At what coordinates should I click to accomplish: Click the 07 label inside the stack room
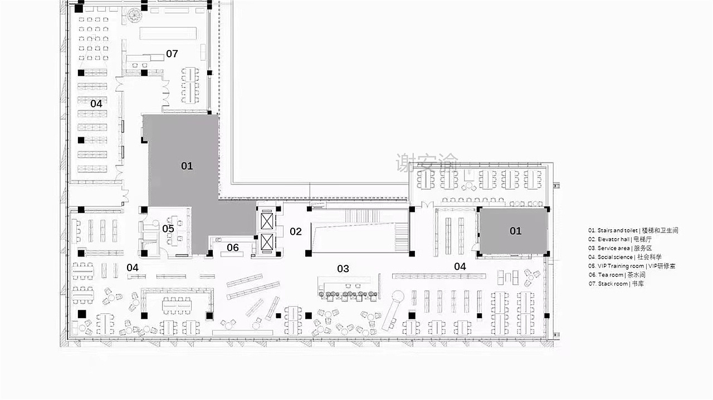point(172,53)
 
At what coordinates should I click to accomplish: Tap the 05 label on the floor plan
point(168,229)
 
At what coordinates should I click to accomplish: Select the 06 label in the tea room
point(233,248)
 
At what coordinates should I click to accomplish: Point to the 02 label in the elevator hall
point(295,231)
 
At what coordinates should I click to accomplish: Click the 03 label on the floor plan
point(343,269)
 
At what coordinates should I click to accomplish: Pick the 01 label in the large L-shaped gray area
point(187,166)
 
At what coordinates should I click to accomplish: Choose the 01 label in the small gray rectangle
point(515,231)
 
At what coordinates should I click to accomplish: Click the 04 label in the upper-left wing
point(96,103)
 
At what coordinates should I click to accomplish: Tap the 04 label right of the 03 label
point(460,266)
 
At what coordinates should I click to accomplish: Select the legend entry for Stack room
point(616,284)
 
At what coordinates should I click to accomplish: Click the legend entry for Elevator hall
point(620,239)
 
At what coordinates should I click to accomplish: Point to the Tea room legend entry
point(617,275)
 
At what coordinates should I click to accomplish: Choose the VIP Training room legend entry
point(632,266)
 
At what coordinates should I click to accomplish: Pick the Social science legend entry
point(625,257)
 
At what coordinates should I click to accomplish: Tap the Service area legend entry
point(620,248)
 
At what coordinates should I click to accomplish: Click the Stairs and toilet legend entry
point(633,230)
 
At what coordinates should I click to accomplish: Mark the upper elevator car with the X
point(267,221)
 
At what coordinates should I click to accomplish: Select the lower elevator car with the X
point(267,241)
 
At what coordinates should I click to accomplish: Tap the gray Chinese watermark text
point(427,162)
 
